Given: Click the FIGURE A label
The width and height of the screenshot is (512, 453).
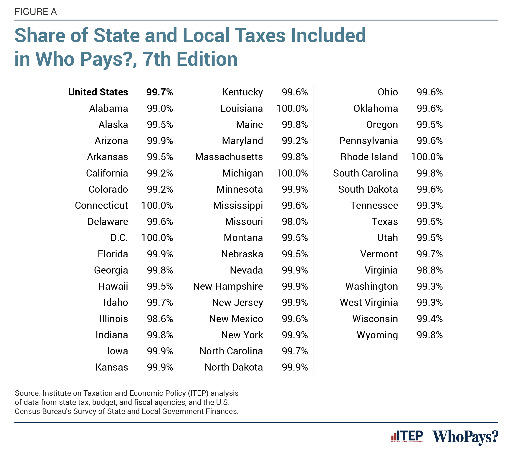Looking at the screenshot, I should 35,12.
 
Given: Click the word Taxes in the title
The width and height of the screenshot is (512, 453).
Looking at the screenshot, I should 259,35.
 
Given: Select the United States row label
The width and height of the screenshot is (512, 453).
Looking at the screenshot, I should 98,92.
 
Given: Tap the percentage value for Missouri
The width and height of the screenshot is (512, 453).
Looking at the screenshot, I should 295,222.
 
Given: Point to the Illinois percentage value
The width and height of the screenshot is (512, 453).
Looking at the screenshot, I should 160,319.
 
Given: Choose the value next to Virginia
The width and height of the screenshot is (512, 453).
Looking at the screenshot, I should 430,270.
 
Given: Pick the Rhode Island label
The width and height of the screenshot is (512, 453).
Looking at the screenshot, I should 369,157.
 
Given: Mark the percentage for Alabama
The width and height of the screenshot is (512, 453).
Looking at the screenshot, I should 160,108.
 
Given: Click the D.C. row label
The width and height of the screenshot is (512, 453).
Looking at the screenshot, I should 119,238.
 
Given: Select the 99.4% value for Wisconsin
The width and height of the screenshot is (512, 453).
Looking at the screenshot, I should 430,319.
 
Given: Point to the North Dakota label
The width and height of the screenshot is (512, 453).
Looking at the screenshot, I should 233,367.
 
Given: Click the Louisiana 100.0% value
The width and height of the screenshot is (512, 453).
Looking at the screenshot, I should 292,108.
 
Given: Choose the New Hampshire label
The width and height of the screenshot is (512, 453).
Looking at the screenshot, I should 228,286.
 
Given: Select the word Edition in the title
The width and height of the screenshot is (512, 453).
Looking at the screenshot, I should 207,59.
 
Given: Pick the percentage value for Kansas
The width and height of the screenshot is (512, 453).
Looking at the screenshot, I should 160,367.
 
